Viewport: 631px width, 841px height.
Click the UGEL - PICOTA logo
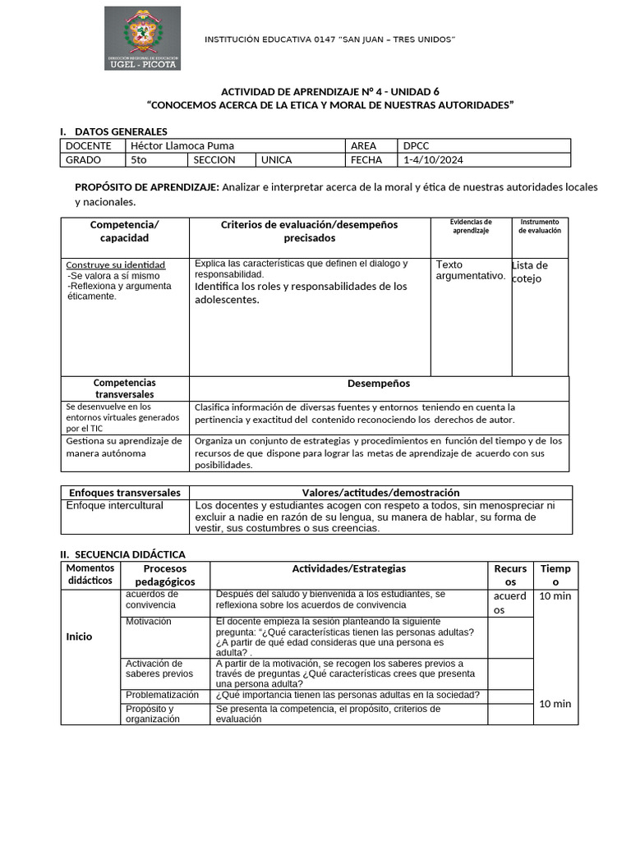[x=142, y=39]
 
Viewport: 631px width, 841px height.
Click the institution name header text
[x=329, y=40]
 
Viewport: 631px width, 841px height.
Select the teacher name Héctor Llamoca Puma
[x=182, y=145]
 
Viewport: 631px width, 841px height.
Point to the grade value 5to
[x=139, y=160]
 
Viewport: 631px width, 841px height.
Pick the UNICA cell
[x=277, y=160]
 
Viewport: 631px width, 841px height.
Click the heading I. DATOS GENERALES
[x=113, y=131]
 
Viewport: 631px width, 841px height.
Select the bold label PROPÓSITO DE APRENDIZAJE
[x=147, y=187]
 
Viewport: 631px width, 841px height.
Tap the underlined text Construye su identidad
[x=116, y=264]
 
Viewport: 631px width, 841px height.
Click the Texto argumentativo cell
[x=470, y=270]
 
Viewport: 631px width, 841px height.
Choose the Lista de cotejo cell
[x=530, y=272]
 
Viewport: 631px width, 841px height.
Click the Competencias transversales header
[x=125, y=388]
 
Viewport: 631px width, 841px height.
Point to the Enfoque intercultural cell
[x=115, y=506]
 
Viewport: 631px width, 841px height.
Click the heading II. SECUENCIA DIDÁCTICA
[x=122, y=554]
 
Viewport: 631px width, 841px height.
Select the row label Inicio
[x=79, y=636]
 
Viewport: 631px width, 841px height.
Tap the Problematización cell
[x=162, y=695]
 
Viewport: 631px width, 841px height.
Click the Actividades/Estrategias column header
[x=348, y=568]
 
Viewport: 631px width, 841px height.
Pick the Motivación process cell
[x=149, y=622]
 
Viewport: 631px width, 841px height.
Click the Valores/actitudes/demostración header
[x=380, y=492]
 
